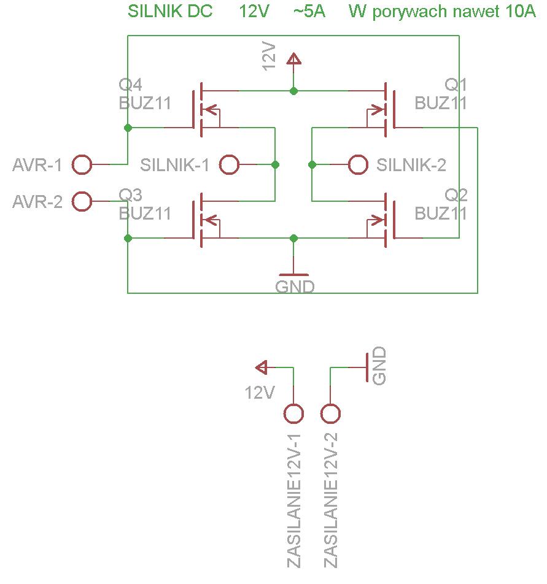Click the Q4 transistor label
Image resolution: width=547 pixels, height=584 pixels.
coord(130,85)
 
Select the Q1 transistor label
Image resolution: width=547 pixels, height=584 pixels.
coord(456,85)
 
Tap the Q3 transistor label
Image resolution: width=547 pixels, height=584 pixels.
coord(130,195)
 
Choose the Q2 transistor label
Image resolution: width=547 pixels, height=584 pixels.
coord(456,195)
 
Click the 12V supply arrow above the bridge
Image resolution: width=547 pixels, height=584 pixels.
coord(293,60)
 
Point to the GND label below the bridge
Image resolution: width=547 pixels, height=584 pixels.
coord(295,287)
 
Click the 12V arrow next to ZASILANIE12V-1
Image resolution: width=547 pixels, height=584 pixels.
coord(262,367)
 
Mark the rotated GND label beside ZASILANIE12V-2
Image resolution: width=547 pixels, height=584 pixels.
coord(379,366)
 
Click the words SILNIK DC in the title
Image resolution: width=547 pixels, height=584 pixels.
coord(170,11)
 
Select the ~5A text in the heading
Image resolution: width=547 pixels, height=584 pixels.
coord(309,11)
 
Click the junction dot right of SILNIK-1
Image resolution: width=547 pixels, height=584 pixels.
coord(275,164)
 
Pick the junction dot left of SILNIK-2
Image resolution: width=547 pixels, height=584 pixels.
coord(312,164)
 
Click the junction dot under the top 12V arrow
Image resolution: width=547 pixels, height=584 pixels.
coord(293,91)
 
